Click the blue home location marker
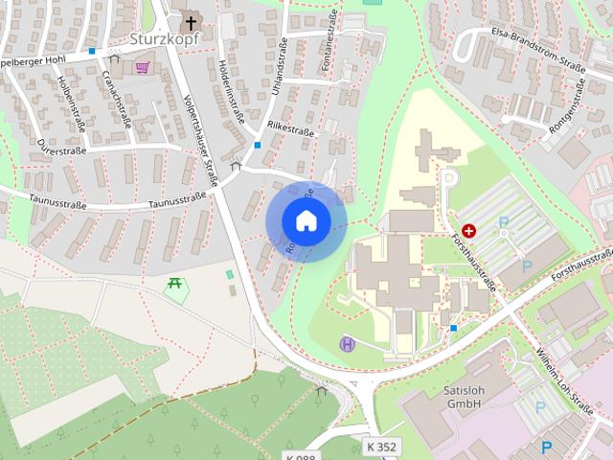click(x=306, y=220)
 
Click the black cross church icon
click(x=191, y=22)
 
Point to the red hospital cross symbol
click(x=469, y=231)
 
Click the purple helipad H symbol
click(x=347, y=342)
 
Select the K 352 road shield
click(x=382, y=447)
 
